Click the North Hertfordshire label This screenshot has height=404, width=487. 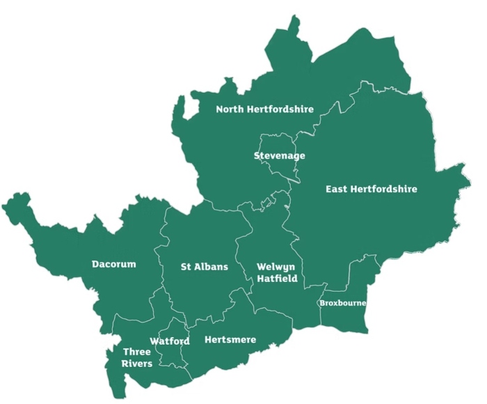[x=264, y=109]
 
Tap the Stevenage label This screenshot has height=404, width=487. [x=279, y=155]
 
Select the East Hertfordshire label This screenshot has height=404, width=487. [x=372, y=189]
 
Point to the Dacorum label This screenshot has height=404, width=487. [x=114, y=264]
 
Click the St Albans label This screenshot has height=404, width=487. [x=205, y=267]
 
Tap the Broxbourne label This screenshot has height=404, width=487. [x=342, y=304]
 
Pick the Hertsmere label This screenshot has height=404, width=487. [x=231, y=340]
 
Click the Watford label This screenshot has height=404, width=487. [x=170, y=341]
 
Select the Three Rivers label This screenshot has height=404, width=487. [x=137, y=357]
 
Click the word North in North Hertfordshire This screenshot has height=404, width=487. [x=230, y=109]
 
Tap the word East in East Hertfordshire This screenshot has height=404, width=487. [x=337, y=189]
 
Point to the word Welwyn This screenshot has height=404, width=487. [x=277, y=267]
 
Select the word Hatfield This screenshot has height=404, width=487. [x=277, y=279]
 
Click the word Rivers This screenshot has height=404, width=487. [x=137, y=364]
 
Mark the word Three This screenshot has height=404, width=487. [x=137, y=352]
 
